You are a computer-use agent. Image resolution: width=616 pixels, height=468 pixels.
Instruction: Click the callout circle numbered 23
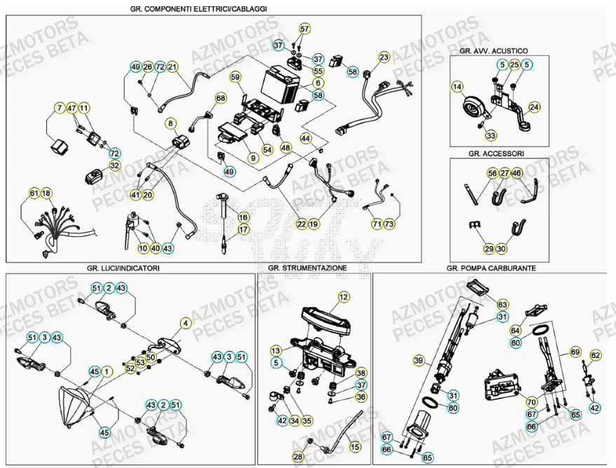pyautogui.click(x=384, y=57)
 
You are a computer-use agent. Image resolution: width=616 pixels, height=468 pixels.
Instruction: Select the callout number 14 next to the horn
pyautogui.click(x=457, y=87)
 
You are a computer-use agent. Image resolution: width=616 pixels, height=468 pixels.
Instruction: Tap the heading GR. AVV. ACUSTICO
pyautogui.click(x=493, y=51)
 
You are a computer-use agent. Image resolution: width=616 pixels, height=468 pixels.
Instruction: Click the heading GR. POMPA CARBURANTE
pyautogui.click(x=491, y=268)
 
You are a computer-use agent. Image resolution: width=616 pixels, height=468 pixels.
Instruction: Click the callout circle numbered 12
pyautogui.click(x=343, y=297)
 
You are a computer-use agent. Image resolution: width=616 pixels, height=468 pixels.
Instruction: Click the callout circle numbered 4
pyautogui.click(x=185, y=323)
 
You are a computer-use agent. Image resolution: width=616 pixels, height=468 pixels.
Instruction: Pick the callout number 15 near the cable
pyautogui.click(x=355, y=446)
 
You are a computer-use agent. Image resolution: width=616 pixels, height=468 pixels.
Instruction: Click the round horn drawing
pyautogui.click(x=473, y=109)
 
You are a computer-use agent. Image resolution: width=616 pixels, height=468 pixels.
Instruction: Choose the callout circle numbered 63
pyautogui.click(x=502, y=305)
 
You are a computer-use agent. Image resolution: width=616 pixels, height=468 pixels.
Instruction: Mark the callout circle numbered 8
pyautogui.click(x=170, y=123)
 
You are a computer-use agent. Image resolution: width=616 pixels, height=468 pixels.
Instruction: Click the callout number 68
pyautogui.click(x=221, y=98)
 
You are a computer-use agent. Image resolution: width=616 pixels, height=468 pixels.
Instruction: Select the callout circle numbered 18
pyautogui.click(x=47, y=193)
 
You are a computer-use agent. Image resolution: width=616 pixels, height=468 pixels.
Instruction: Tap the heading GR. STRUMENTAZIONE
pyautogui.click(x=307, y=268)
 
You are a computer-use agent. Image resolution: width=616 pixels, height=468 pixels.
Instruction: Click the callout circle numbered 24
pyautogui.click(x=535, y=107)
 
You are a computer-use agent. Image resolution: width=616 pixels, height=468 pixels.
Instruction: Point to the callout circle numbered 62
pyautogui.click(x=595, y=355)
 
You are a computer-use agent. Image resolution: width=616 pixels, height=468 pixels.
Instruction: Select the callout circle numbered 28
pyautogui.click(x=299, y=457)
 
